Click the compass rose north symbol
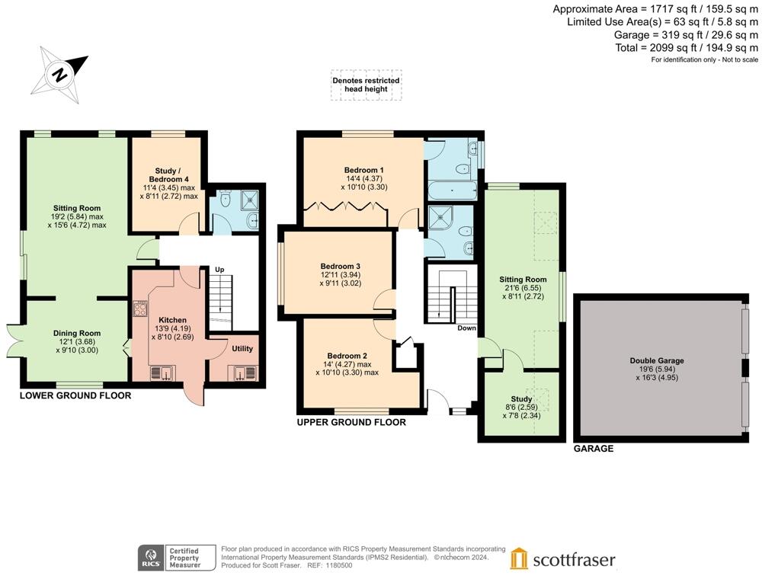pyautogui.click(x=59, y=74)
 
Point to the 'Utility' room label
pyautogui.click(x=242, y=349)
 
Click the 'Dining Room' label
pyautogui.click(x=77, y=333)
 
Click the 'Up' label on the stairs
pyautogui.click(x=219, y=270)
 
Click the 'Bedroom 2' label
pyautogui.click(x=347, y=356)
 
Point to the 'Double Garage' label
pyautogui.click(x=656, y=360)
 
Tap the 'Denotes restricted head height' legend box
pyautogui.click(x=366, y=85)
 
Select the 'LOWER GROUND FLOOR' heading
pyautogui.click(x=75, y=395)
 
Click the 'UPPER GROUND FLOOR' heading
pyautogui.click(x=351, y=422)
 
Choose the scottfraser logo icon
pyautogui.click(x=519, y=558)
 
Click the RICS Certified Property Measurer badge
pyautogui.click(x=169, y=558)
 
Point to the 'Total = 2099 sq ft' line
pyautogui.click(x=687, y=47)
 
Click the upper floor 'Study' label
pyautogui.click(x=521, y=398)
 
